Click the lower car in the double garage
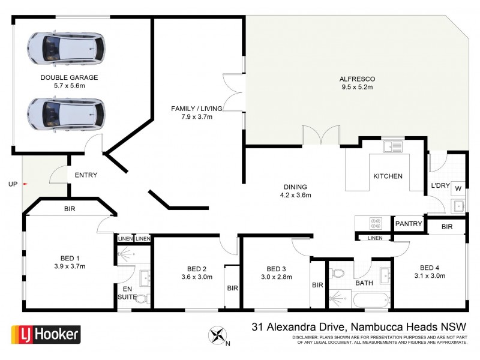tap(65, 112)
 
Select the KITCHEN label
tap(388, 176)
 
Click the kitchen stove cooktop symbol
tap(376, 223)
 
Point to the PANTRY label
tap(409, 224)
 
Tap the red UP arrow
tap(25, 184)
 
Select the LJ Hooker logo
tap(46, 334)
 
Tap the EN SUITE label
tap(126, 293)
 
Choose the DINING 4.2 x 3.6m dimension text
tap(295, 195)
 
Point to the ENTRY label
tap(86, 175)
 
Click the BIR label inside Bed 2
tap(233, 288)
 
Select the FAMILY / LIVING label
tap(197, 108)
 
